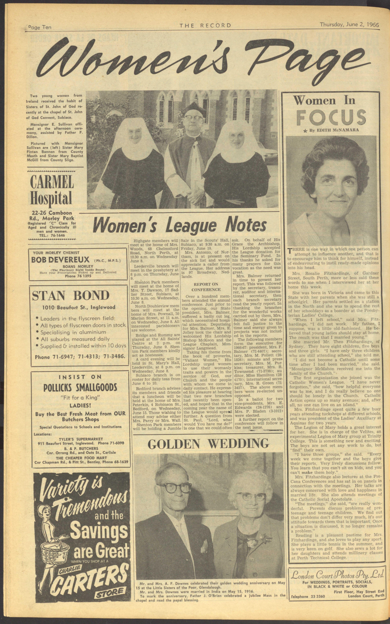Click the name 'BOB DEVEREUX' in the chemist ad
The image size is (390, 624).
point(60,260)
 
